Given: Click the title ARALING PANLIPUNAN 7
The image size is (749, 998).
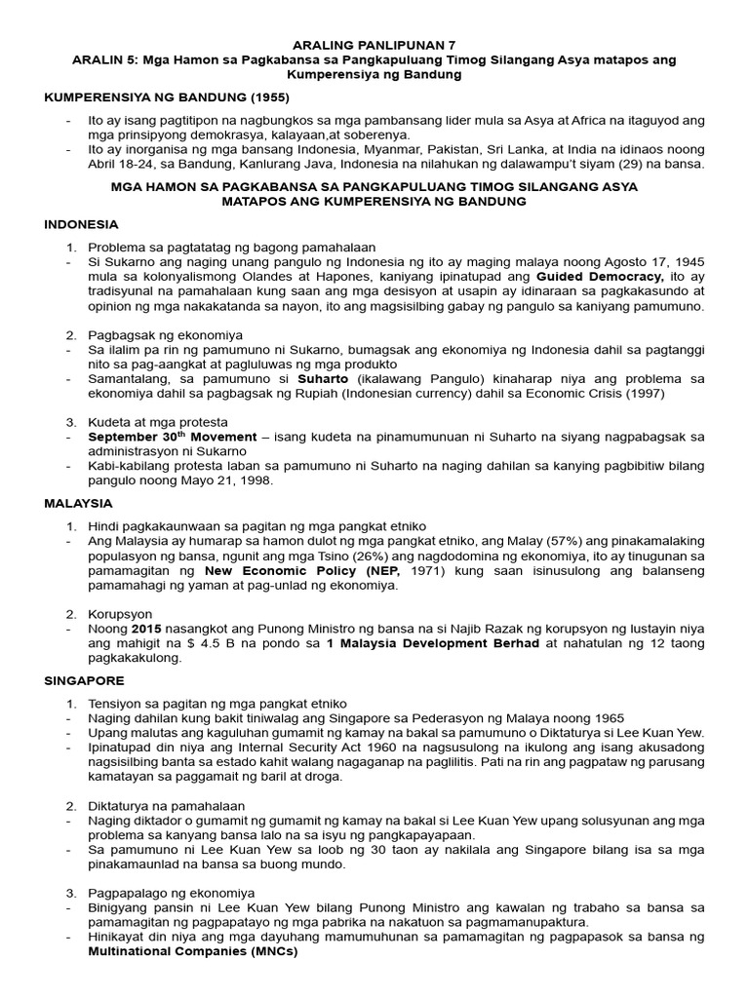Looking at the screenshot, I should pyautogui.click(x=374, y=45).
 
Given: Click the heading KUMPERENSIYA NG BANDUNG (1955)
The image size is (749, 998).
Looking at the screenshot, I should pyautogui.click(x=167, y=99).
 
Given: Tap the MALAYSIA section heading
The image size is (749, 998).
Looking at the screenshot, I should pyautogui.click(x=79, y=503).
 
